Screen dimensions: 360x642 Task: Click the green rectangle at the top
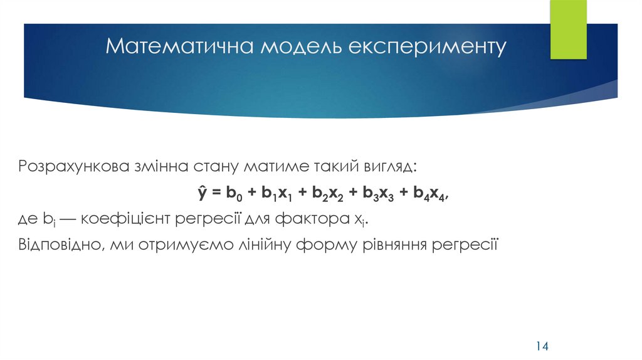tap(568, 29)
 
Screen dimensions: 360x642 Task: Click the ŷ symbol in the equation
tap(203, 194)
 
